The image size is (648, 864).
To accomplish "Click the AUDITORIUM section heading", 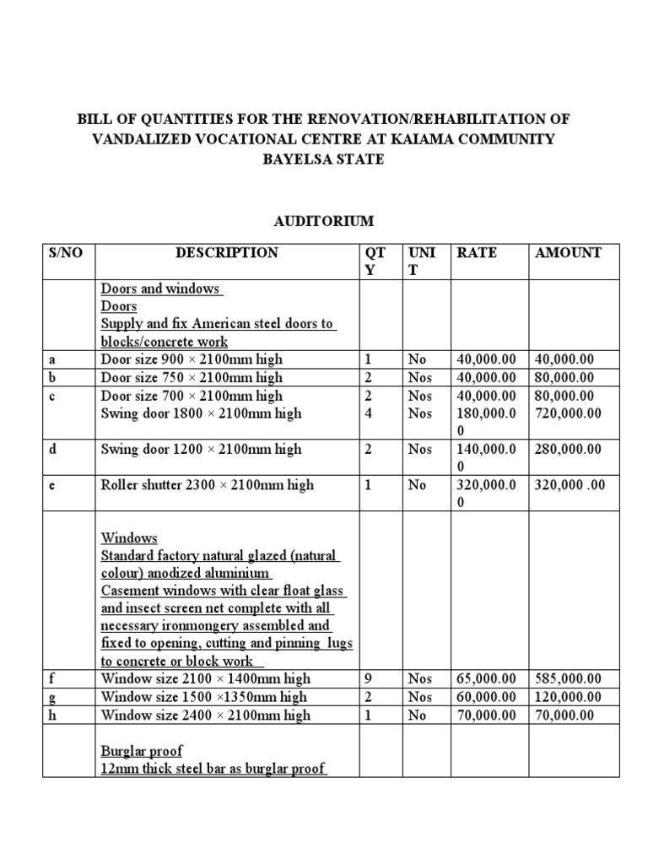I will pyautogui.click(x=324, y=221).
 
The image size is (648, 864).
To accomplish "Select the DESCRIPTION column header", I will pyautogui.click(x=226, y=252).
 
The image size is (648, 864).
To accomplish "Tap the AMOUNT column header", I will pyautogui.click(x=568, y=252).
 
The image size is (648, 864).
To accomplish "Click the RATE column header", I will pyautogui.click(x=476, y=252).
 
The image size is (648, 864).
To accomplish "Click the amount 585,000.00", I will pyautogui.click(x=568, y=678).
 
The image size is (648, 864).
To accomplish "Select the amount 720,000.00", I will pyautogui.click(x=569, y=413).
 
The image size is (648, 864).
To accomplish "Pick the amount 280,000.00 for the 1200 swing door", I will pyautogui.click(x=568, y=449).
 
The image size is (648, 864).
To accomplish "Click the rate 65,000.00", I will pyautogui.click(x=487, y=678).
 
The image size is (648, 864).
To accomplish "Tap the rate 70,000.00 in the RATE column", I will pyautogui.click(x=487, y=715).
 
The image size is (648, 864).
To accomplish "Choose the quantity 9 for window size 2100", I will pyautogui.click(x=368, y=678).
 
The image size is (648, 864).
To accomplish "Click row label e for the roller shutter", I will pyautogui.click(x=52, y=485).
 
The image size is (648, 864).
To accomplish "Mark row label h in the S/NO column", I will pyautogui.click(x=52, y=715).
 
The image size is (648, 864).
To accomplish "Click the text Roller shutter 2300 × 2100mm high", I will pyautogui.click(x=207, y=485).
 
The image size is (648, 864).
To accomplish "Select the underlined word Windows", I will pyautogui.click(x=129, y=538).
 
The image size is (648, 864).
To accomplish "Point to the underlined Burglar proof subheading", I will pyautogui.click(x=142, y=751).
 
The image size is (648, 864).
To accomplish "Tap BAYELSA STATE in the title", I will pyautogui.click(x=324, y=159).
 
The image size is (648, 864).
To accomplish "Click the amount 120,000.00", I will pyautogui.click(x=568, y=697).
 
